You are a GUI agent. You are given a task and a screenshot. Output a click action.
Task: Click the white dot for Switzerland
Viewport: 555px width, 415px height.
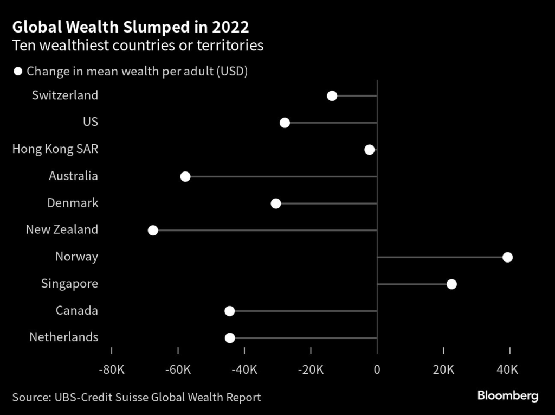(332, 96)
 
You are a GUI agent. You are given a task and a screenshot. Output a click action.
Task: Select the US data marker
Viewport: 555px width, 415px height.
(285, 123)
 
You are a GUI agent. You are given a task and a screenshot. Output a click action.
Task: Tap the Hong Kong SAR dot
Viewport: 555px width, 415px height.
(370, 150)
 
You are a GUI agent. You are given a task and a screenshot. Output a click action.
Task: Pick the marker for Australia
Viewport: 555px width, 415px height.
(185, 176)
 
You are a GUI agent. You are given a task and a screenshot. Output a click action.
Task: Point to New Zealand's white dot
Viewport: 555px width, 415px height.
(153, 230)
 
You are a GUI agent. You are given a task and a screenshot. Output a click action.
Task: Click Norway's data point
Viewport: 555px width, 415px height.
(507, 257)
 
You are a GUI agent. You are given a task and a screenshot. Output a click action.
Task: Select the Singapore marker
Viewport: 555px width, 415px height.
(451, 284)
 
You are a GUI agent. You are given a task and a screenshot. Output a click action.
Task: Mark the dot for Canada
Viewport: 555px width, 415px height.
(230, 311)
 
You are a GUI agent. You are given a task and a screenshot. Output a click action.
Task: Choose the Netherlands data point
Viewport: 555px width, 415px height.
(230, 338)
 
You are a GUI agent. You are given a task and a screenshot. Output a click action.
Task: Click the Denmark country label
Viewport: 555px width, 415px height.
(73, 203)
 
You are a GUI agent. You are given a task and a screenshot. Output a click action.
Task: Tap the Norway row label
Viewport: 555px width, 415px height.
(76, 257)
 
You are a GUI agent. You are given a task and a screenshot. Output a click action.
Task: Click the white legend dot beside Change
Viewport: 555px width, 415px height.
(18, 72)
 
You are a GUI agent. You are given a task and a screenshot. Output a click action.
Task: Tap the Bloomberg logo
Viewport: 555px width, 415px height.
(507, 396)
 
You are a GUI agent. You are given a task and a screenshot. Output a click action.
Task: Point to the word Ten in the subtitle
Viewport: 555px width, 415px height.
(23, 46)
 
